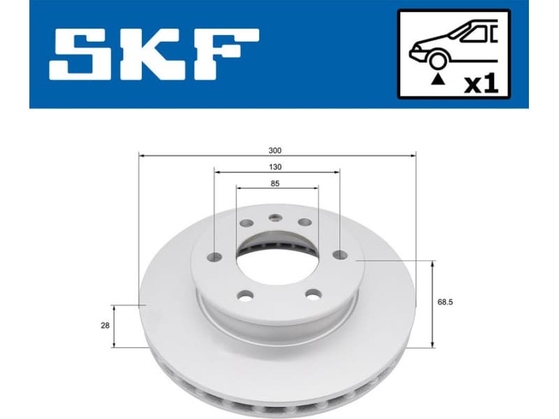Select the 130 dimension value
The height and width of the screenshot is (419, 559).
click(275, 167)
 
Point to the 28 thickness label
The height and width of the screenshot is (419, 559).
click(105, 325)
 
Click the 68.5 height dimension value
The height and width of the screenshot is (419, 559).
click(445, 302)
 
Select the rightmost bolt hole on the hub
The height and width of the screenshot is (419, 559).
click(340, 254)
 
